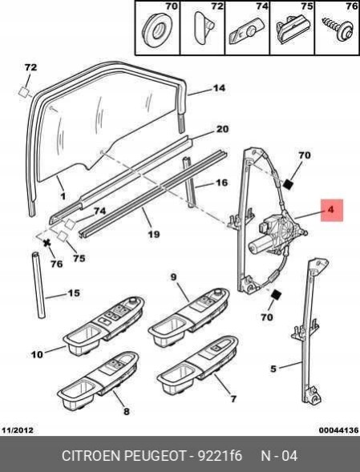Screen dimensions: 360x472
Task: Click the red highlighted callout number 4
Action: click(331, 210)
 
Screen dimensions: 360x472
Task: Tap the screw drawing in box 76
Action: click(338, 30)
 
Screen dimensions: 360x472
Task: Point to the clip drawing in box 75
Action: click(292, 30)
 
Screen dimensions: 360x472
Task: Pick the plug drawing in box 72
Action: click(204, 28)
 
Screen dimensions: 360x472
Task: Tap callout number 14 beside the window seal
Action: click(219, 88)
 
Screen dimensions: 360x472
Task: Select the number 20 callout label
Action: click(222, 129)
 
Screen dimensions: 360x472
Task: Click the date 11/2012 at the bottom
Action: click(18, 430)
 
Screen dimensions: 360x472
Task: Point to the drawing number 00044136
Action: click(339, 430)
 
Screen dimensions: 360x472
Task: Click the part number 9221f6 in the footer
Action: click(219, 455)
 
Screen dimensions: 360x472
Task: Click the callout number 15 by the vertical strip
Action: click(74, 292)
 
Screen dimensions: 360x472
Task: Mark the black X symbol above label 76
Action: click(47, 243)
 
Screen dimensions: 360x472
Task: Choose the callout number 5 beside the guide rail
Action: click(273, 369)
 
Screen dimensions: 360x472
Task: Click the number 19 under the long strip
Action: click(154, 234)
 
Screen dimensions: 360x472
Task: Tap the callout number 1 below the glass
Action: click(63, 196)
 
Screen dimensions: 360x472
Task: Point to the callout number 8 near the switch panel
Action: click(126, 411)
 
